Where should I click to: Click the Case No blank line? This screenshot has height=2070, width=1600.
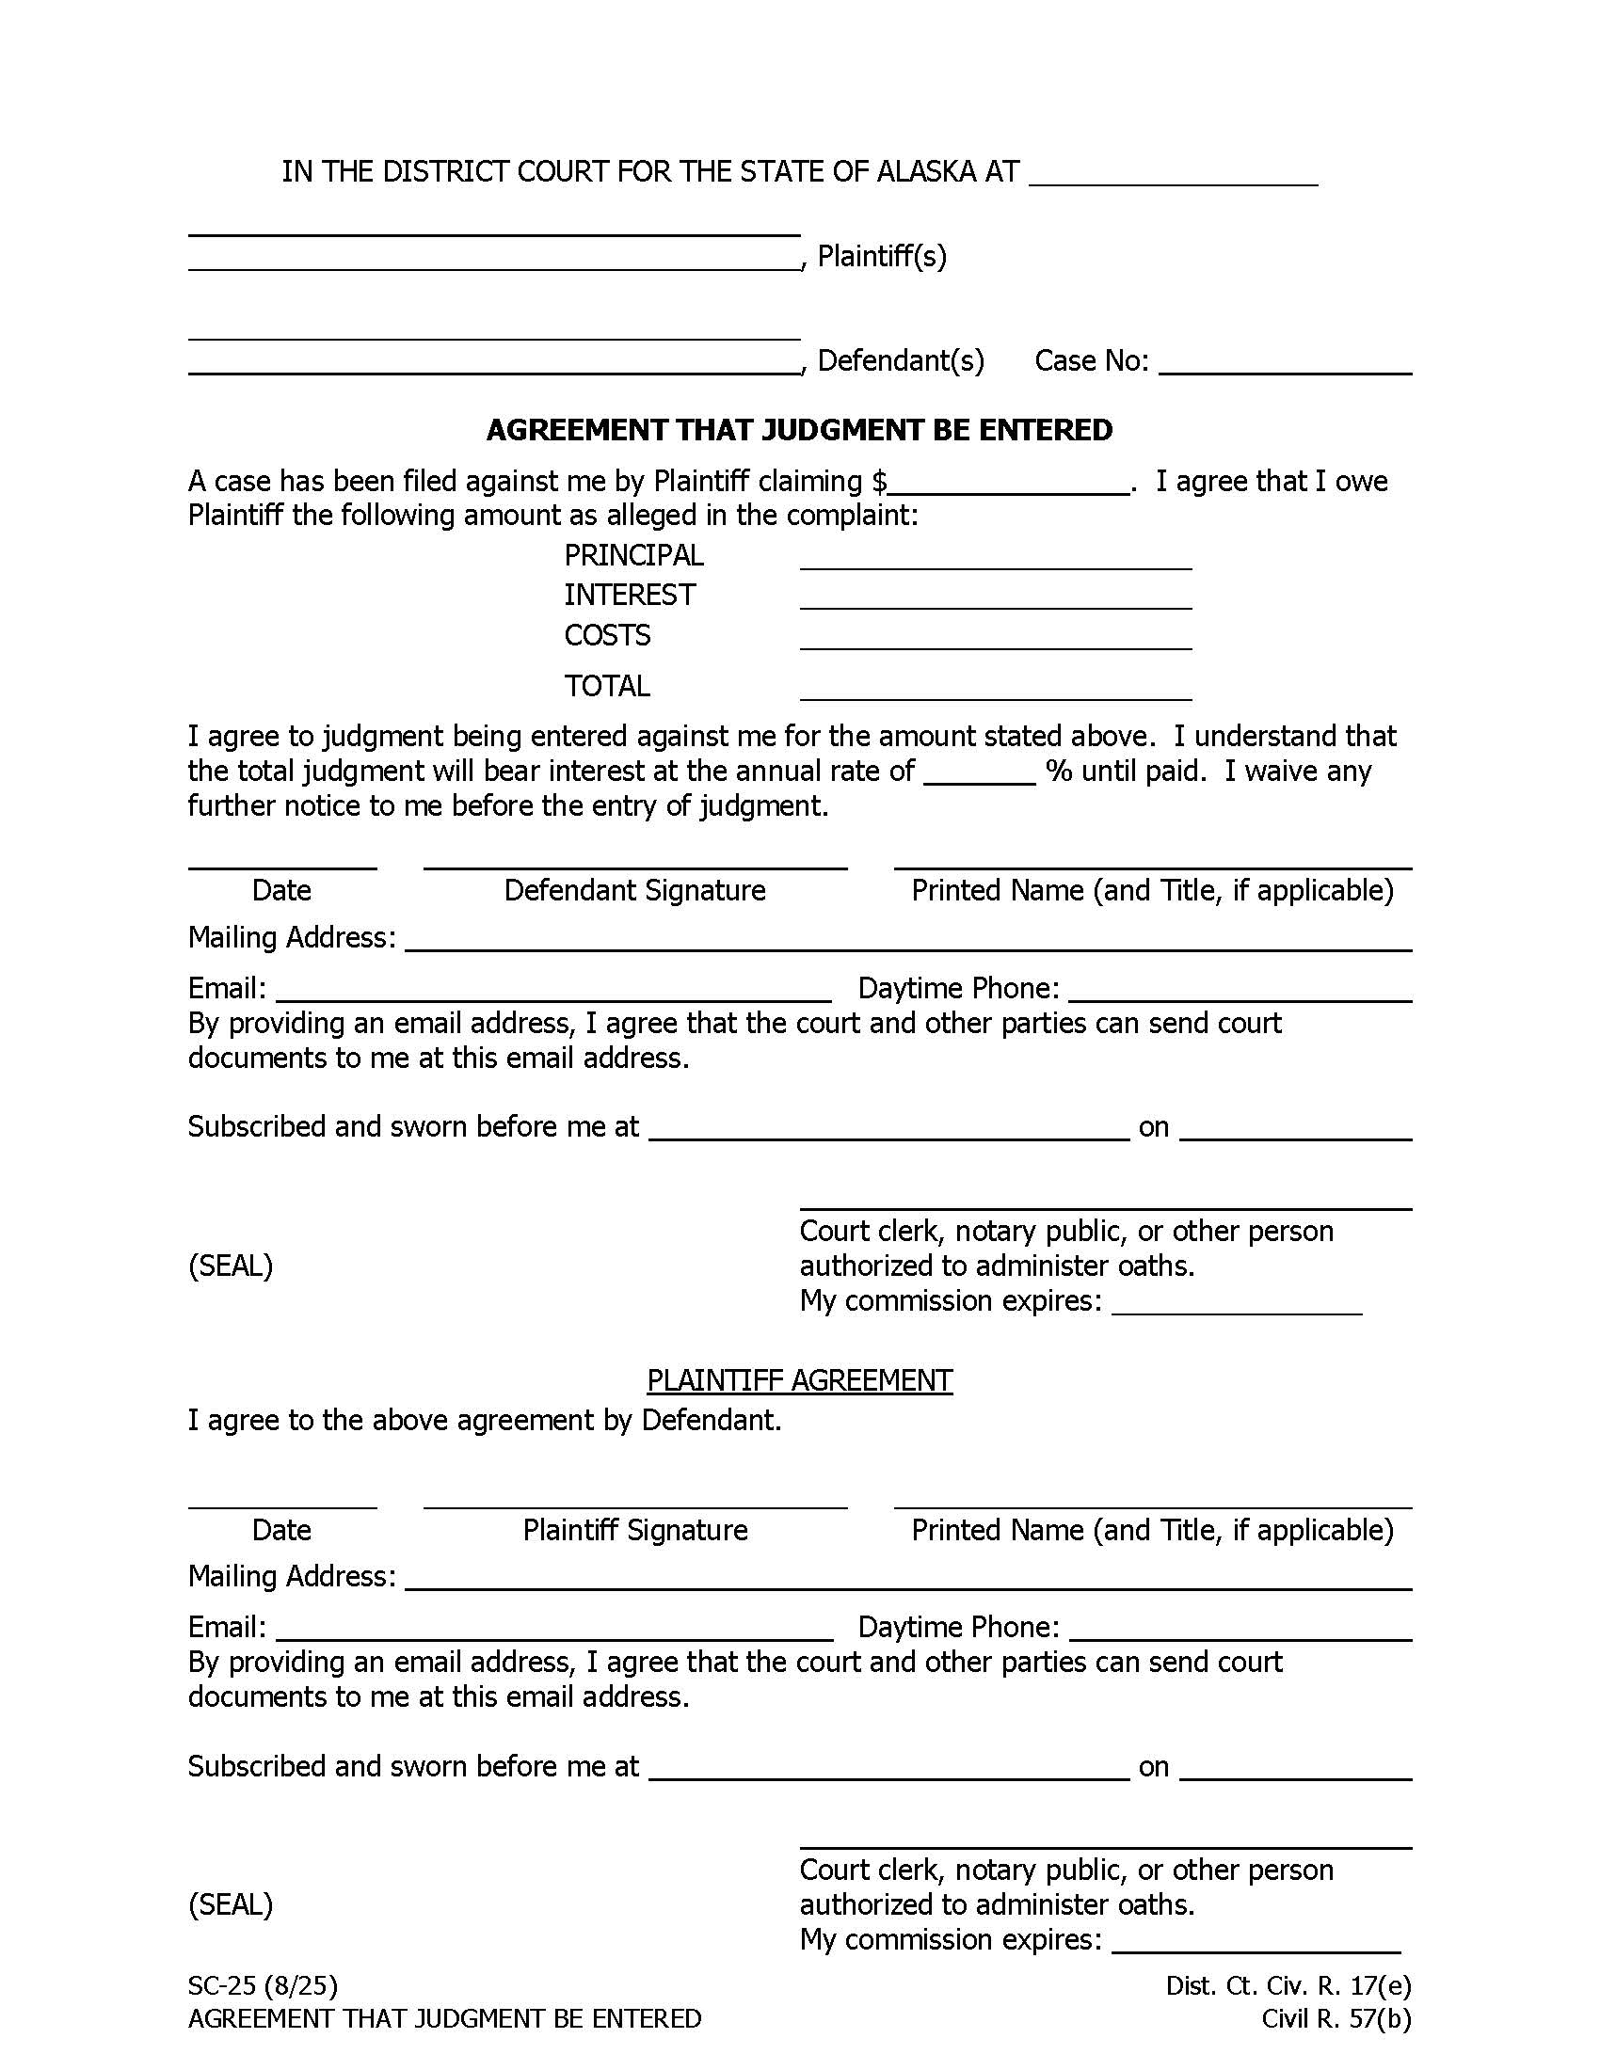coord(1285,366)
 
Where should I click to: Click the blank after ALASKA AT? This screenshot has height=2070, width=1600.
coord(1173,176)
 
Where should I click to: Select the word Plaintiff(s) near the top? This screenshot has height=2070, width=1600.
coord(882,256)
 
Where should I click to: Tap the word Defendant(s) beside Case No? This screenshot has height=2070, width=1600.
coord(901,360)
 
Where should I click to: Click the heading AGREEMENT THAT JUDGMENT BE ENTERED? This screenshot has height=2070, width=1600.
coord(799,430)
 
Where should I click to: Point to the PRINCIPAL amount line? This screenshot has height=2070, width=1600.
coord(995,561)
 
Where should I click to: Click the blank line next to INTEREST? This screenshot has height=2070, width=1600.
coord(995,601)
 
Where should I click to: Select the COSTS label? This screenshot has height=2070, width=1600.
coord(607,635)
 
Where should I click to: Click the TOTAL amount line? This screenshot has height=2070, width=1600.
coord(995,692)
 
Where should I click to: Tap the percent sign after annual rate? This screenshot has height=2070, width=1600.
coord(1059,772)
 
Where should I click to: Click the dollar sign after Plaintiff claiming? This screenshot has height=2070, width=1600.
coord(880,482)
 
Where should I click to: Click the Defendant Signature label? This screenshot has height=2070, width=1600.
coord(634,890)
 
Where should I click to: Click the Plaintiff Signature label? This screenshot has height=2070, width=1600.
coord(635,1530)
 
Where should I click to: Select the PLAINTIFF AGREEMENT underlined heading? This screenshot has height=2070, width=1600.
coord(799,1380)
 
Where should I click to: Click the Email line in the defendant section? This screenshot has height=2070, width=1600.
coord(553,994)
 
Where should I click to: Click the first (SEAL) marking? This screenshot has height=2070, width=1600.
coord(231,1266)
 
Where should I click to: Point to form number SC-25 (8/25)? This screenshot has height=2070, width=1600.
coord(263,1984)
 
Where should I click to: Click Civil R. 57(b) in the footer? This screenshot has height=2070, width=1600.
coord(1336,2019)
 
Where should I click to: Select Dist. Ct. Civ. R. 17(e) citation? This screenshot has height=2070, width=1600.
coord(1288,1984)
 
